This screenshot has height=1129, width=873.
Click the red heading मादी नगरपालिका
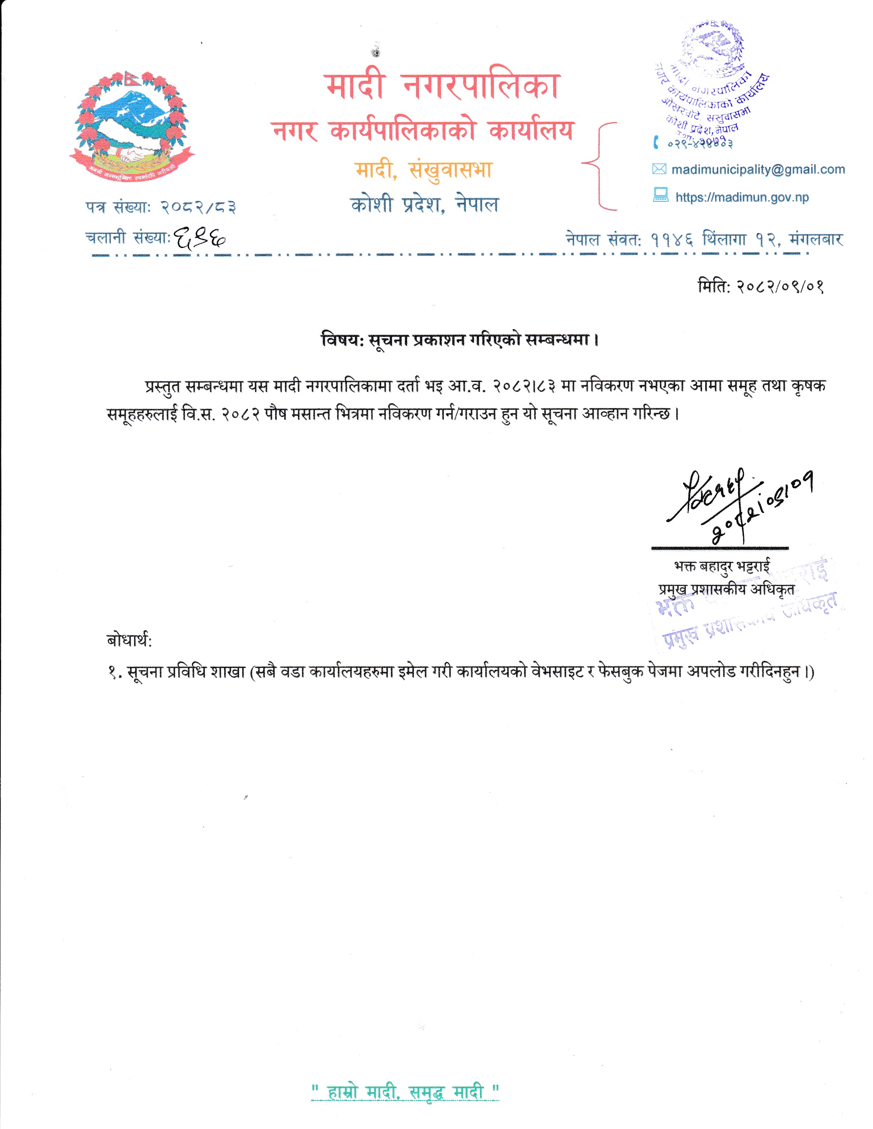pyautogui.click(x=443, y=86)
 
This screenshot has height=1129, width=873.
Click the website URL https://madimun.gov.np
pyautogui.click(x=742, y=197)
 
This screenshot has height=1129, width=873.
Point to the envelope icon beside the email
pyautogui.click(x=659, y=169)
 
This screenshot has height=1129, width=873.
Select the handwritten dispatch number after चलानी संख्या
pyautogui.click(x=200, y=238)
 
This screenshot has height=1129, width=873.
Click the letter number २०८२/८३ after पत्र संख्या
pyautogui.click(x=199, y=207)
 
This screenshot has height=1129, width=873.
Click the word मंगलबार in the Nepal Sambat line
pyautogui.click(x=815, y=239)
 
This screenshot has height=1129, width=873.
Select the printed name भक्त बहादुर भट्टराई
pyautogui.click(x=722, y=566)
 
